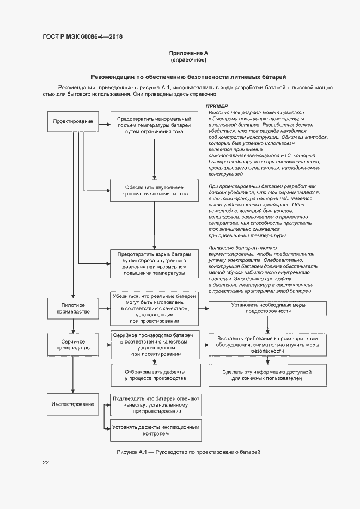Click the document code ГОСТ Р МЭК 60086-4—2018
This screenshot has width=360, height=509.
82,36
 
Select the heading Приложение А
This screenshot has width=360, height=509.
188,53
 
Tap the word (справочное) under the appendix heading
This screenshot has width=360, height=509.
188,60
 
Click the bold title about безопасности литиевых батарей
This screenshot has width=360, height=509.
188,77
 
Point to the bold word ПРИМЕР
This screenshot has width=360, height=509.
216,106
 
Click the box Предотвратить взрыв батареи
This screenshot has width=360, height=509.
155,264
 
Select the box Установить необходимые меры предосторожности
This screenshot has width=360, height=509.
268,309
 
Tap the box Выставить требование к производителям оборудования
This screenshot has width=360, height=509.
268,344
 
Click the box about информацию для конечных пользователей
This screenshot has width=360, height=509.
268,374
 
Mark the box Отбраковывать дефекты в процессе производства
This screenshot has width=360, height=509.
155,374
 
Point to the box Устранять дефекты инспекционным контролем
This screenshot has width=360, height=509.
155,431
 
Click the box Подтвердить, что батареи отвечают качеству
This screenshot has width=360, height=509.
156,405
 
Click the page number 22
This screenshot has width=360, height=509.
46,462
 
